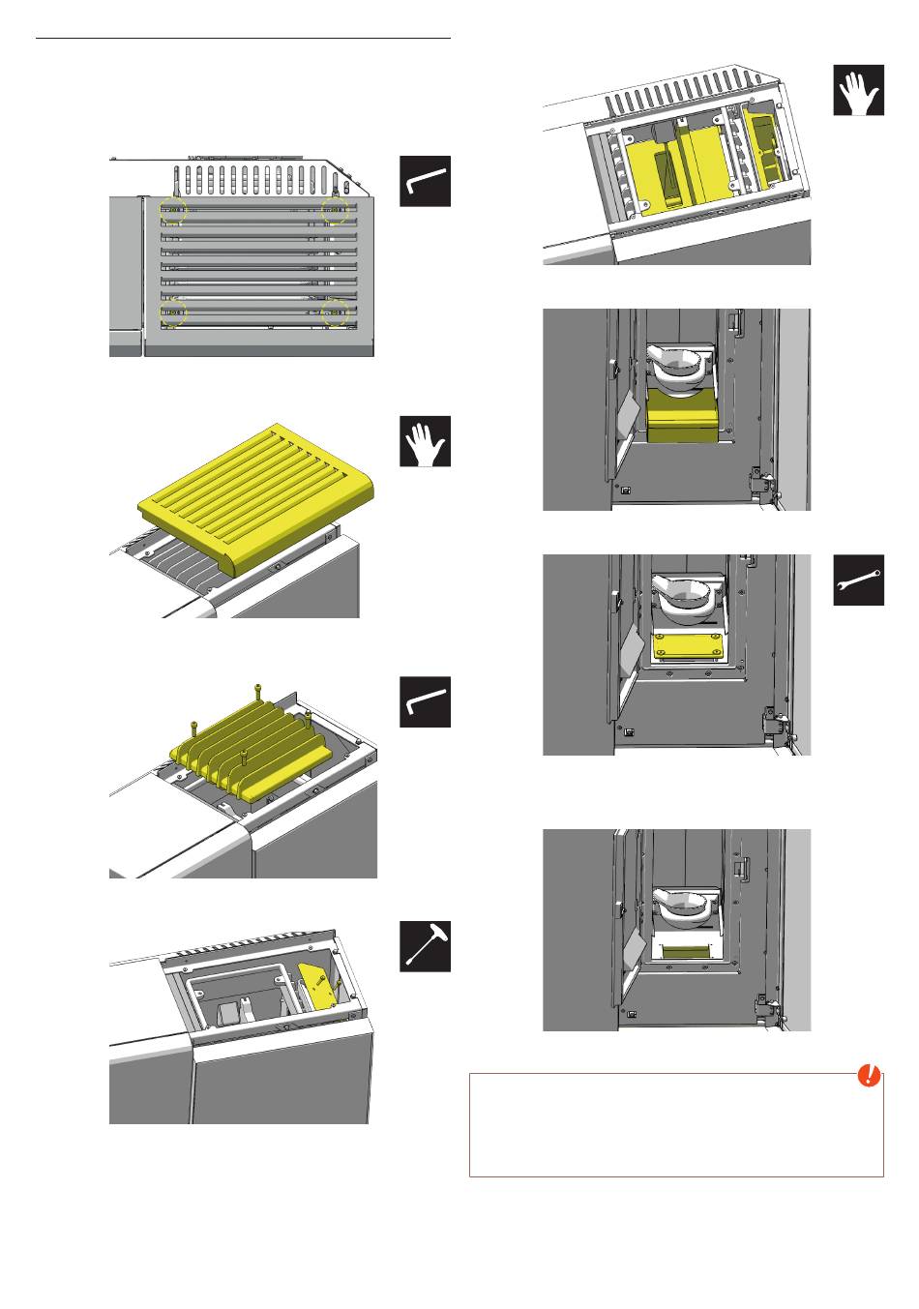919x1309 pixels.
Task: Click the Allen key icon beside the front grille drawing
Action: [x=426, y=181]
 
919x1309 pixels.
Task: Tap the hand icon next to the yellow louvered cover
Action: [x=426, y=442]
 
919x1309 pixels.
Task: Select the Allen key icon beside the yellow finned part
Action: [x=426, y=702]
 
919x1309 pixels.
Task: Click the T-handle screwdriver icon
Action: [x=426, y=945]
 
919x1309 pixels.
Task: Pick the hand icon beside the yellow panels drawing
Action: [x=859, y=91]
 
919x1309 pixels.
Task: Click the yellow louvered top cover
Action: [x=263, y=499]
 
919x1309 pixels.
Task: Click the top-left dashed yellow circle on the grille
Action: [x=174, y=208]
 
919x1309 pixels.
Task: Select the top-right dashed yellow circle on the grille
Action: [x=335, y=208]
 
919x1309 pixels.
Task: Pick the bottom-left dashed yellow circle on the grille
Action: [x=174, y=312]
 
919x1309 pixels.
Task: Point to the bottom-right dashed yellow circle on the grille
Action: [x=335, y=312]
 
